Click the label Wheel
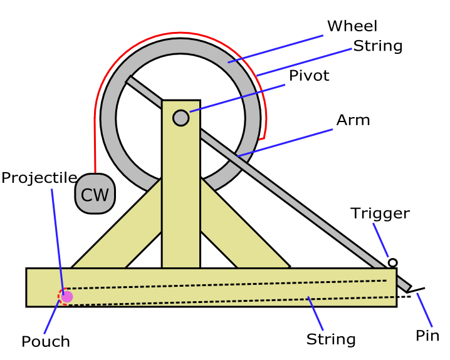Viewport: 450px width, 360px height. [352, 26]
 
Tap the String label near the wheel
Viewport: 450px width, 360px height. [377, 46]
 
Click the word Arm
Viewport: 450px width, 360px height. [353, 120]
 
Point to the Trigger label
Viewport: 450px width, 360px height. [380, 213]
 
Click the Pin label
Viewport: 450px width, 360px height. [427, 336]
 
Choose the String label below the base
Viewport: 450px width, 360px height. [331, 339]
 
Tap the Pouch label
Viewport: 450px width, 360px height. [46, 342]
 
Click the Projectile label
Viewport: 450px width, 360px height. [39, 178]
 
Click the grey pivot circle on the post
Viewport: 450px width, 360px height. [181, 118]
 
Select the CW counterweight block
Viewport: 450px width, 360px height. [95, 195]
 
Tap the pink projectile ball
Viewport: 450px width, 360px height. [67, 297]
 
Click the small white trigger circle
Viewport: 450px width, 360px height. [392, 263]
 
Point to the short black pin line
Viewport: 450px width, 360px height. [416, 291]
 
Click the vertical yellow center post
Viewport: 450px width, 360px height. [181, 207]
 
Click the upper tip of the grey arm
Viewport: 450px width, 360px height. [130, 80]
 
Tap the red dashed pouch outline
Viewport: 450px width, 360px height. [61, 296]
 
